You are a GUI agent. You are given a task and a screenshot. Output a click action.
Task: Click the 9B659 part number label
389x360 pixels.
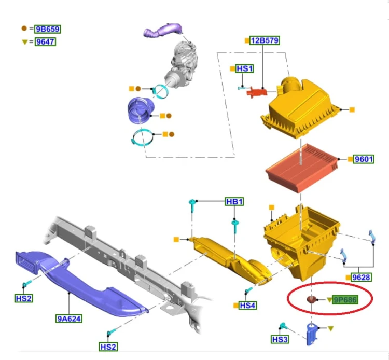48,29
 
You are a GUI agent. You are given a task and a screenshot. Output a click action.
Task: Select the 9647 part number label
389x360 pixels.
45,41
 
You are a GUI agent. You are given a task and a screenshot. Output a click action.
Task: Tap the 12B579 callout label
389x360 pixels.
265,40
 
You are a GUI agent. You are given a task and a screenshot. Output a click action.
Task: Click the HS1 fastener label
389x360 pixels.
244,68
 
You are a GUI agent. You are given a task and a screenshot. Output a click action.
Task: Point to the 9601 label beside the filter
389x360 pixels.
364,159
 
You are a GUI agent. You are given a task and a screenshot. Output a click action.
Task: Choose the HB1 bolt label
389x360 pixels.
234,201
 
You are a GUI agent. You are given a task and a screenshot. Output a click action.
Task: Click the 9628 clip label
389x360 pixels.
361,277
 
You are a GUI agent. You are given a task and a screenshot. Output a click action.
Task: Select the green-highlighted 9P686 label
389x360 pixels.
345,300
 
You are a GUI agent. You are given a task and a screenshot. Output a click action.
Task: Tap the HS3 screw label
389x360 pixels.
280,339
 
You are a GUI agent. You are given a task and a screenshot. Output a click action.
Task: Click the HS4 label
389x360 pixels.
247,306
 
